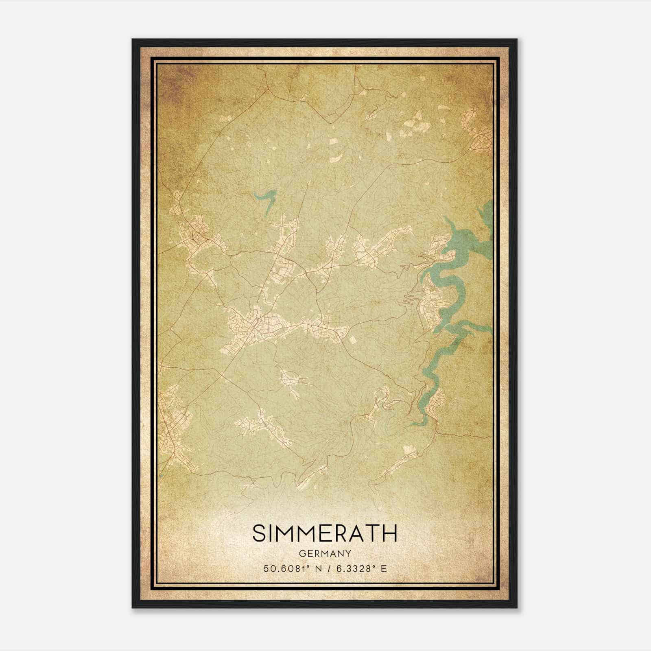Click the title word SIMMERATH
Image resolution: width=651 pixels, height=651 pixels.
pyautogui.click(x=324, y=533)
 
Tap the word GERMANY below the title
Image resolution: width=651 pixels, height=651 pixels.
pyautogui.click(x=324, y=553)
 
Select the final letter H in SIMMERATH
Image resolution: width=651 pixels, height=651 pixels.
pyautogui.click(x=390, y=533)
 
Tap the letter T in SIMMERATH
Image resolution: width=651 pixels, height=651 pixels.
pyautogui.click(x=371, y=533)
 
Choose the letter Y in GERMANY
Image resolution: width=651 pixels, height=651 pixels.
pyautogui.click(x=348, y=553)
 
